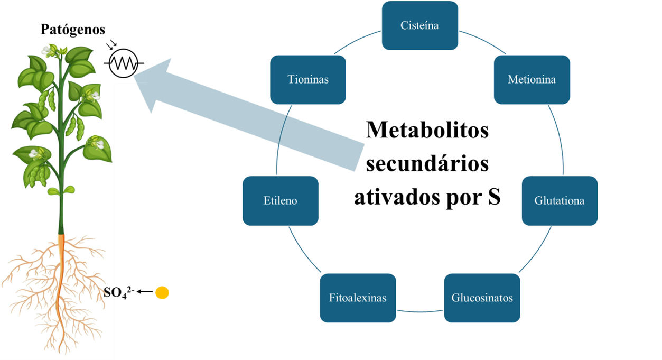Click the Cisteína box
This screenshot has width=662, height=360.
click(x=420, y=25)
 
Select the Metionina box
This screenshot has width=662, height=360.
click(x=532, y=79)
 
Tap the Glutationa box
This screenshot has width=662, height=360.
click(x=560, y=201)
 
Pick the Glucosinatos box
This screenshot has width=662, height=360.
click(x=482, y=298)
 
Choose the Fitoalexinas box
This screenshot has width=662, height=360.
click(x=358, y=298)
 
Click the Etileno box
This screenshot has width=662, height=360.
click(x=281, y=201)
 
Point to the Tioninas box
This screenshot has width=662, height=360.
click(x=308, y=79)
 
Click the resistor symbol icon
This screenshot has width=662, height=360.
click(x=123, y=64)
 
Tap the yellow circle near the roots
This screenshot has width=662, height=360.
click(x=162, y=293)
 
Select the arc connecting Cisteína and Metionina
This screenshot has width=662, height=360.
click(x=481, y=40)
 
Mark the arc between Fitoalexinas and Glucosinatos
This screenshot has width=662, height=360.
click(x=420, y=311)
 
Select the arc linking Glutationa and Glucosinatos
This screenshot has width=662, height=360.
click(x=536, y=252)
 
